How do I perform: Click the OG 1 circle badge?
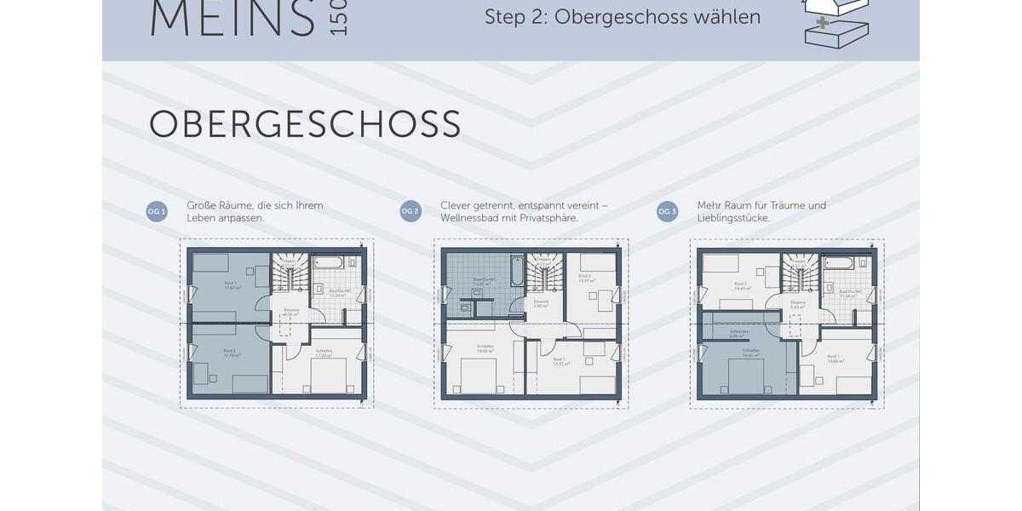(x=156, y=212)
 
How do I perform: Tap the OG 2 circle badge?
(x=411, y=212)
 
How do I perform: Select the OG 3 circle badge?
(x=667, y=212)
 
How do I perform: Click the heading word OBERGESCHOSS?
(x=305, y=124)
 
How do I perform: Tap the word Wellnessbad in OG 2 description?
(x=473, y=218)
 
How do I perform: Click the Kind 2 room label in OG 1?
(x=229, y=351)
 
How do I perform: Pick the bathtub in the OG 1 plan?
(x=328, y=261)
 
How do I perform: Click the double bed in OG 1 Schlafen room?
(x=328, y=375)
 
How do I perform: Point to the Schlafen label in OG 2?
(x=485, y=348)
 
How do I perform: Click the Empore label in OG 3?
(x=797, y=303)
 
